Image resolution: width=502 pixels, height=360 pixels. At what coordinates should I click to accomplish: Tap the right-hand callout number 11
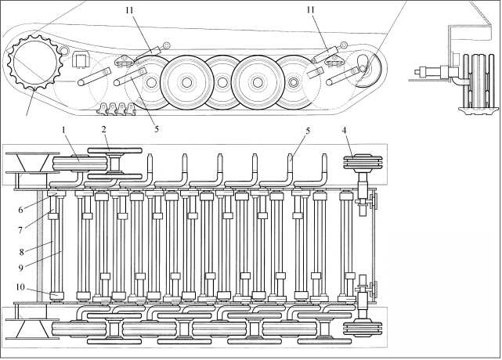coord(312,9)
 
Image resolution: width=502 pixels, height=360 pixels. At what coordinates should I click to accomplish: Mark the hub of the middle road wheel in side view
coord(222,81)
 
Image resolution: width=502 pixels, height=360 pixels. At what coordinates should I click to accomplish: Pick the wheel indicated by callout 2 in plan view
coord(114,164)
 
